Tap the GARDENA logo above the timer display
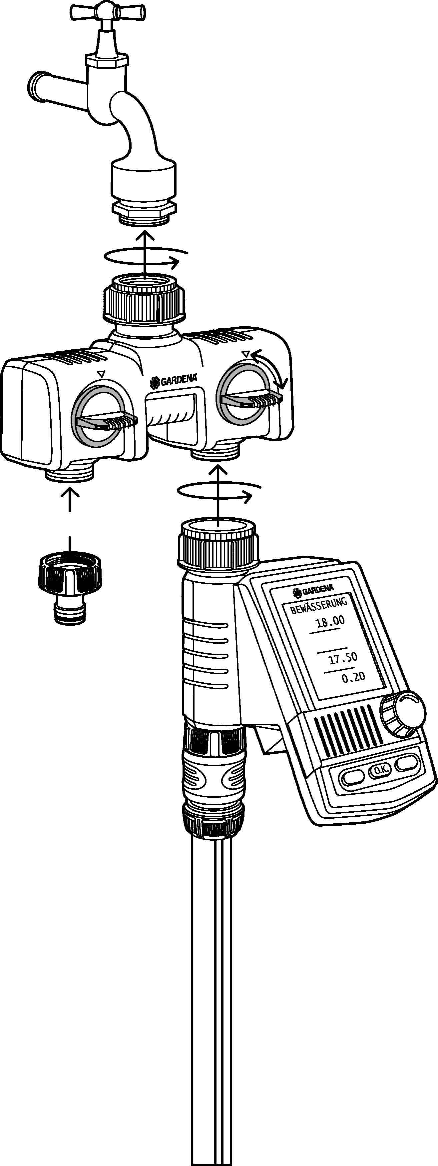(x=313, y=590)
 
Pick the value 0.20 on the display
(x=353, y=678)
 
